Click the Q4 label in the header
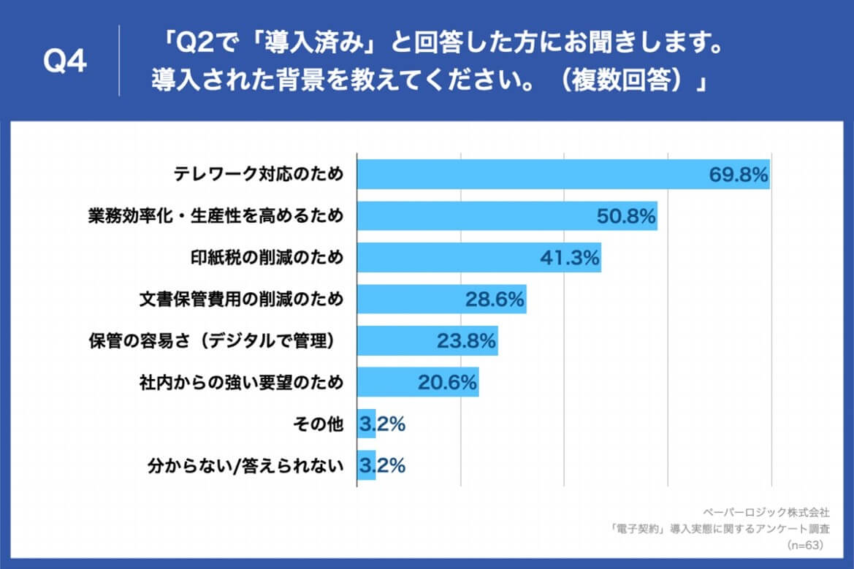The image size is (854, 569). (x=65, y=62)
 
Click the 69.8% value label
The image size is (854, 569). (x=739, y=175)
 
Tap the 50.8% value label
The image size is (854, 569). (x=627, y=216)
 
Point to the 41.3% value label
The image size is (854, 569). (x=570, y=258)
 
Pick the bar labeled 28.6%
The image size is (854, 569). (x=441, y=299)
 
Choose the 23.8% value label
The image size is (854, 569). (x=467, y=341)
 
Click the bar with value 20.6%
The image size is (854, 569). (x=417, y=383)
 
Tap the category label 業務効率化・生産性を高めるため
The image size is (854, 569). (x=216, y=216)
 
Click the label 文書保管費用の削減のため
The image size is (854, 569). (x=241, y=299)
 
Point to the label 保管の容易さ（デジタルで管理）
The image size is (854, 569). (x=216, y=341)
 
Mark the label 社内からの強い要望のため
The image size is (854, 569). (x=241, y=383)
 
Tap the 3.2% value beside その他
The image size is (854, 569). (x=382, y=424)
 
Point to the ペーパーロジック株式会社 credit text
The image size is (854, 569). (x=766, y=513)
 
